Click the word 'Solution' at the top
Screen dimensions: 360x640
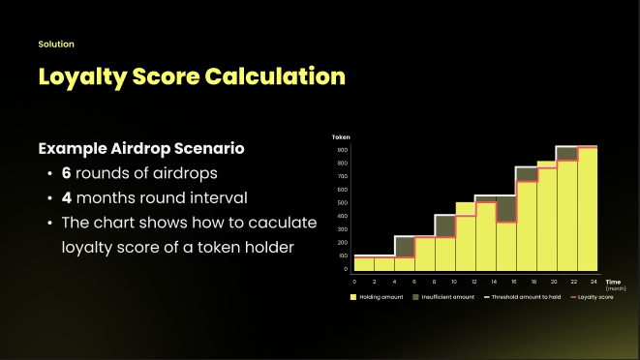56,45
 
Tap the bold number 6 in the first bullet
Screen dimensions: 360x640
67,174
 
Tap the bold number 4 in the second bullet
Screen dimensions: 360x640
67,198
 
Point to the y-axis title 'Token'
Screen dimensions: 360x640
341,137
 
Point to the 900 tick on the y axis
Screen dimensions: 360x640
343,150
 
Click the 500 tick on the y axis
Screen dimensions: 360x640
343,202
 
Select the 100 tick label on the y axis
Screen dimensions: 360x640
343,255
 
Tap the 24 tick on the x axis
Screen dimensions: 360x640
594,281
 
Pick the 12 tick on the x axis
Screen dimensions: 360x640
474,281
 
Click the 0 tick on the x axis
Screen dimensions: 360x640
354,281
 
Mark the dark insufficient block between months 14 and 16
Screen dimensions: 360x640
504,209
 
